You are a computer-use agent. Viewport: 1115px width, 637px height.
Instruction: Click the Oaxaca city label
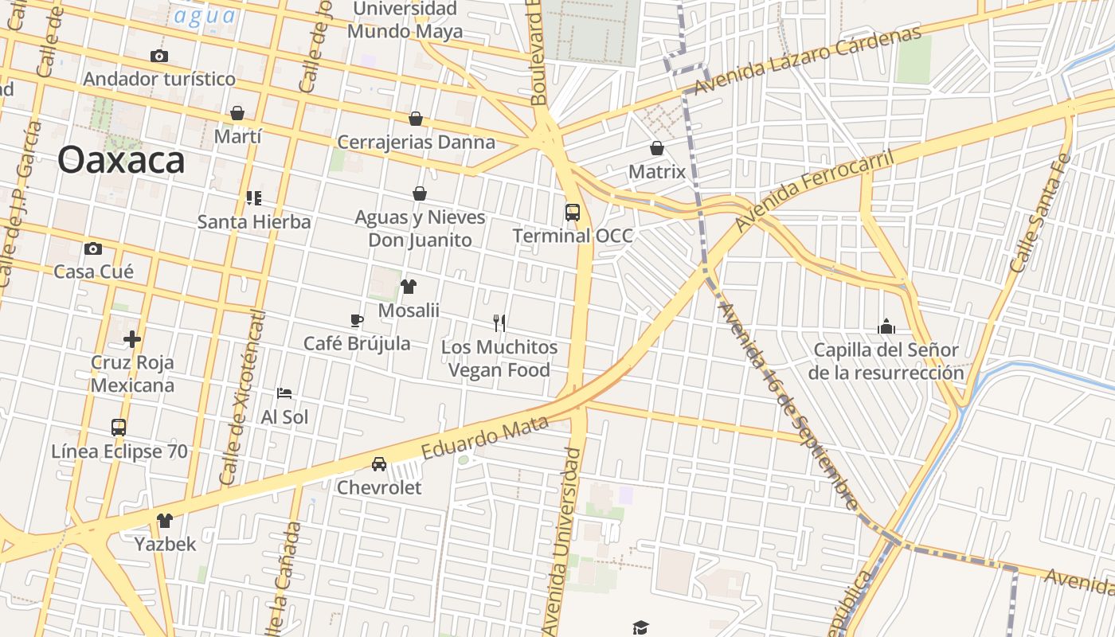tap(121, 160)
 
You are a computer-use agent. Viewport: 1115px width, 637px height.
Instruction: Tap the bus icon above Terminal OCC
tap(573, 213)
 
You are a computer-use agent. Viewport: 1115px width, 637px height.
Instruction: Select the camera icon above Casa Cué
tap(93, 249)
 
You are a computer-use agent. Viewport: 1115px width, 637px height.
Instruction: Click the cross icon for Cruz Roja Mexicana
tap(132, 340)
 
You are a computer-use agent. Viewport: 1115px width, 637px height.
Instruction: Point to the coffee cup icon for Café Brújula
tap(357, 320)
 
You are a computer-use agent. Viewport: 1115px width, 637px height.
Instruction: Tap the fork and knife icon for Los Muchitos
tap(499, 322)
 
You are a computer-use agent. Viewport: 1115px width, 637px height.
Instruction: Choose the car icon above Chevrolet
tap(379, 464)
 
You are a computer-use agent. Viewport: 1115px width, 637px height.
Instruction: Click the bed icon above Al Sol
tap(284, 393)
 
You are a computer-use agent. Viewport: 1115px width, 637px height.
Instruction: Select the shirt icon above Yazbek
tap(165, 522)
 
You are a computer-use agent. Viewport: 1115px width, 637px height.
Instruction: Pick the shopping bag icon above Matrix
tap(657, 148)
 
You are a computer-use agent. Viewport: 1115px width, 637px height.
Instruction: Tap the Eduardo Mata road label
tap(485, 437)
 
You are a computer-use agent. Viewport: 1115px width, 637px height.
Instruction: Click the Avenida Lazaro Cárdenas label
tap(808, 60)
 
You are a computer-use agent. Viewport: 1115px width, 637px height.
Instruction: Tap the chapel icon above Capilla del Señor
tap(886, 326)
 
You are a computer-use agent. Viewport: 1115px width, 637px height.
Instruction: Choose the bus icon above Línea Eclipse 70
tap(119, 428)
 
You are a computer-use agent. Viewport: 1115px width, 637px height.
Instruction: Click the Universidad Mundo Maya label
tap(405, 21)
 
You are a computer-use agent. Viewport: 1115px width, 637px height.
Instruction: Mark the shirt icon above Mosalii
tap(409, 287)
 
